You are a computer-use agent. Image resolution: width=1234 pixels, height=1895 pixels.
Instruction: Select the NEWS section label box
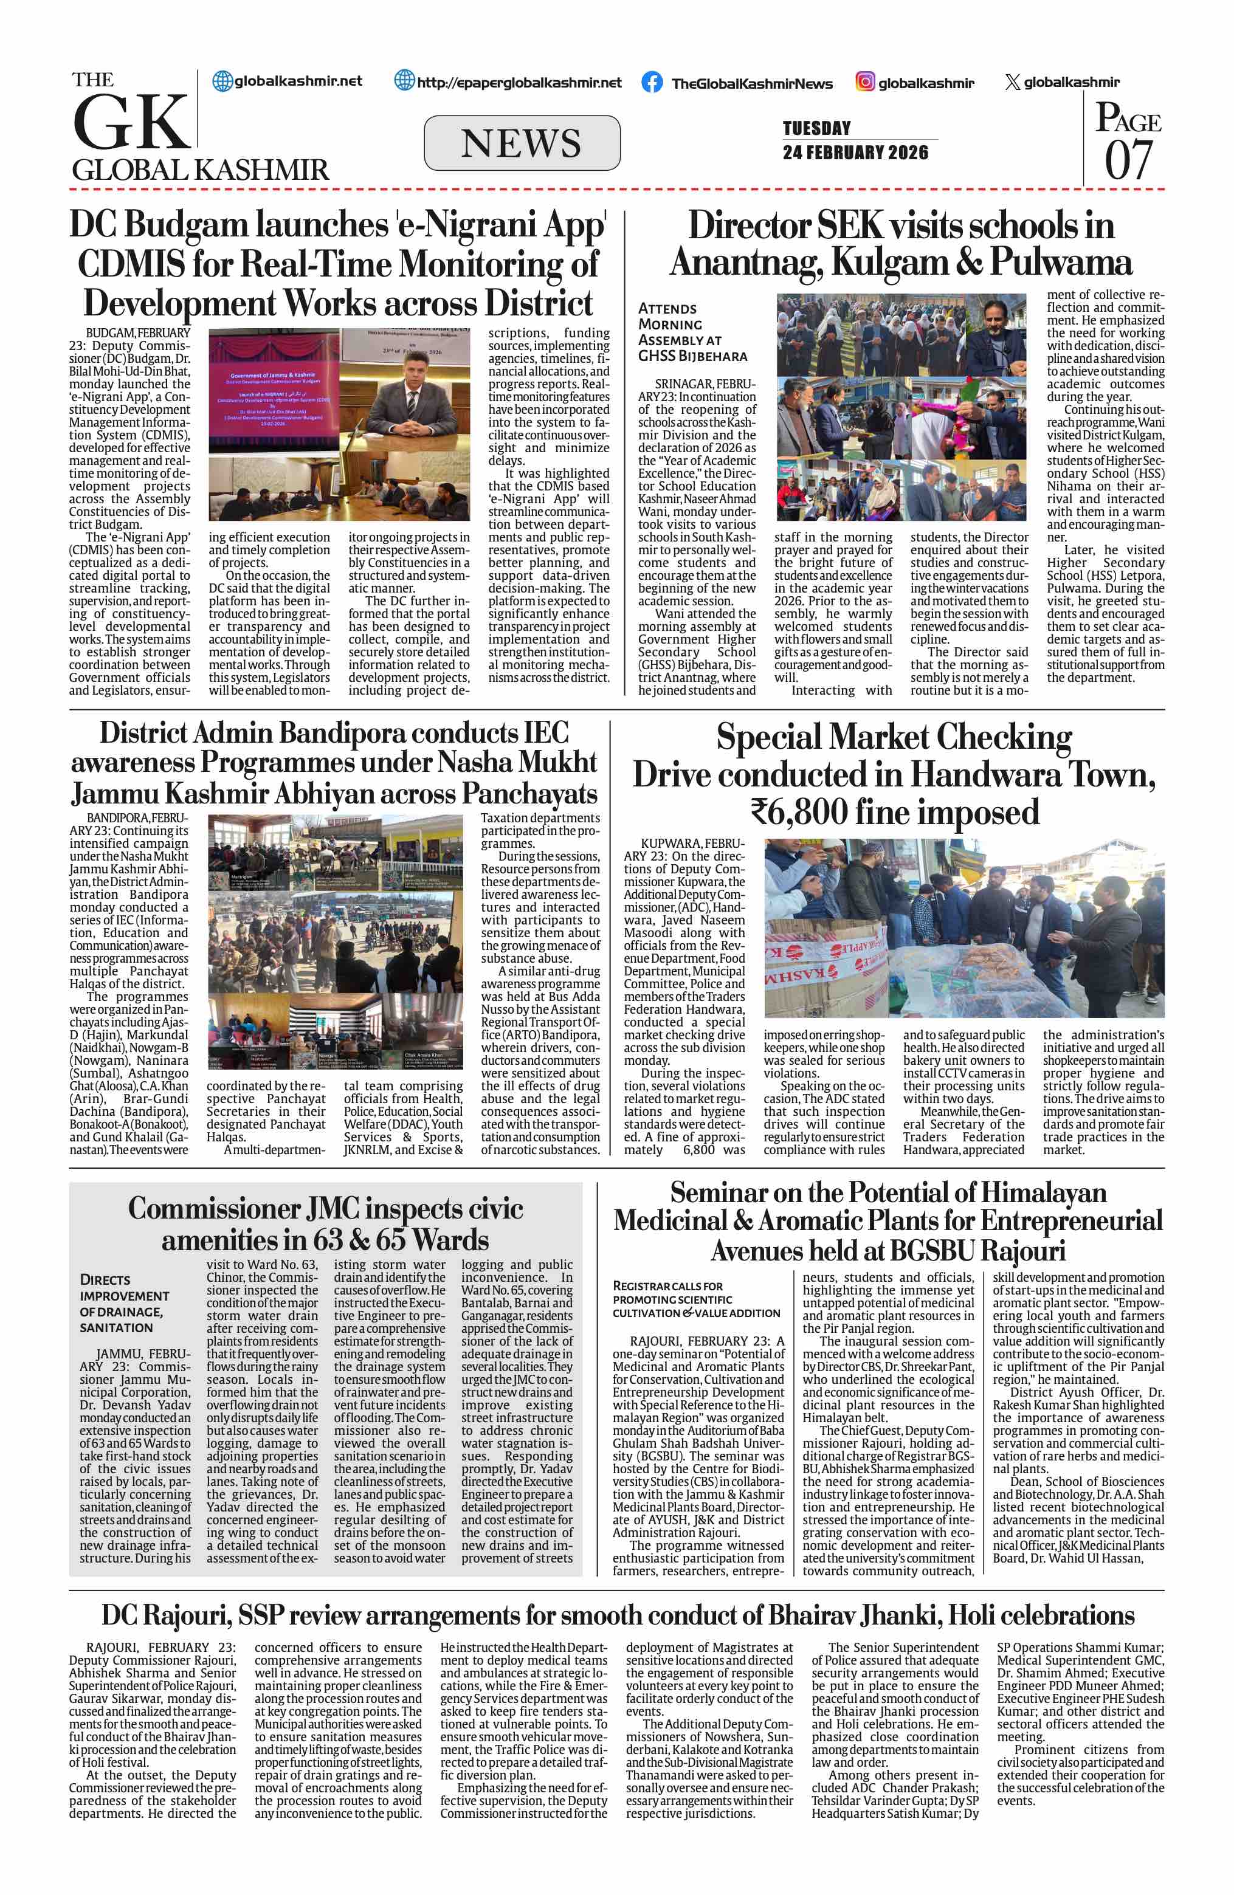click(522, 143)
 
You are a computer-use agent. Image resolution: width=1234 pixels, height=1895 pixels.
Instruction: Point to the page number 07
click(1128, 159)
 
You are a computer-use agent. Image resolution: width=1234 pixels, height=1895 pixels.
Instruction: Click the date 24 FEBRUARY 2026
click(855, 152)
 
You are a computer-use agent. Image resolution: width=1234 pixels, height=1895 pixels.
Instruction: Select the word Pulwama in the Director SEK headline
click(1060, 263)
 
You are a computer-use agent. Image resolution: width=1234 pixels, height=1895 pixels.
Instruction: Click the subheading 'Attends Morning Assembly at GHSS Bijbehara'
click(692, 332)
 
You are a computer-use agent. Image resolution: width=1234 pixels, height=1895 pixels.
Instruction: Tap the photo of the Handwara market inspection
click(963, 927)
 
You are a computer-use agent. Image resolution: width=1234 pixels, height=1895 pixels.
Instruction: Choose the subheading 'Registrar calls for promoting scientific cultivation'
click(696, 1299)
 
